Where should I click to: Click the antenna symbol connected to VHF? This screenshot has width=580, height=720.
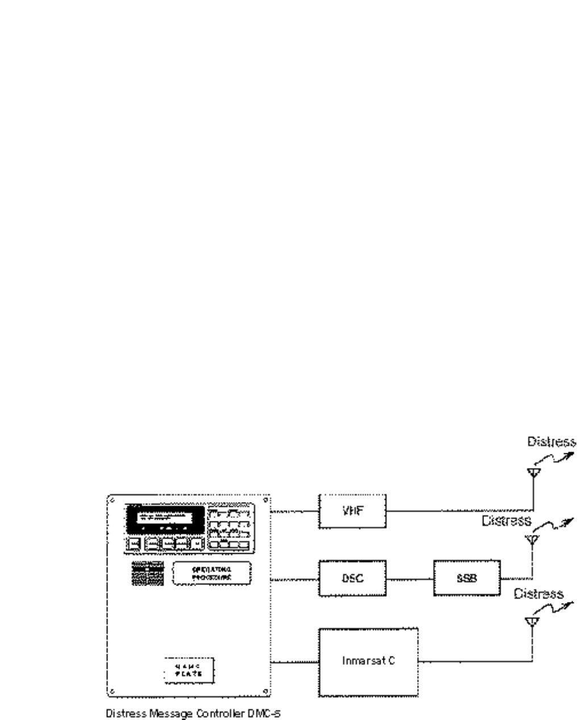pyautogui.click(x=533, y=472)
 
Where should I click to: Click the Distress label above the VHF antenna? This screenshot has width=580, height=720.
pyautogui.click(x=551, y=441)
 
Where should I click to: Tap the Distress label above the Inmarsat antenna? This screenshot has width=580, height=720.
pyautogui.click(x=539, y=593)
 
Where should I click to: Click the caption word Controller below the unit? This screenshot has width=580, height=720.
pyautogui.click(x=204, y=709)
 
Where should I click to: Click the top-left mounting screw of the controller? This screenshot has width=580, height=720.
pyautogui.click(x=112, y=500)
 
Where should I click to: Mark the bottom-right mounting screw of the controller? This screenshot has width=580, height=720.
pyautogui.click(x=265, y=691)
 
